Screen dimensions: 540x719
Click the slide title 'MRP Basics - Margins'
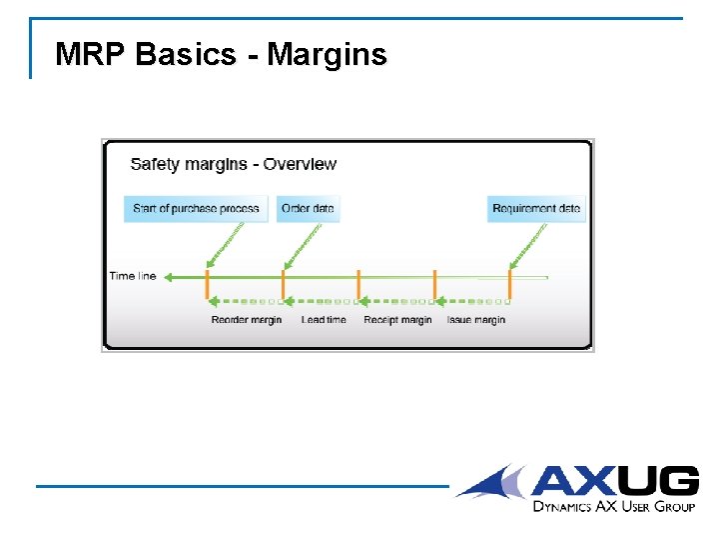221,54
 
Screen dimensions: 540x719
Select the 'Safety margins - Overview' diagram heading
233,164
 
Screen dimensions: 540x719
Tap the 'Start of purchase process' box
196,209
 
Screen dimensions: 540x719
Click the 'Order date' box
308,209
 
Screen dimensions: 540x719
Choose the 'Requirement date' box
536,209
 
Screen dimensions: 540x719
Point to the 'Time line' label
133,276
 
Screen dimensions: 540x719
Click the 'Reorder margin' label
247,320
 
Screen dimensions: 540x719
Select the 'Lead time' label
324,320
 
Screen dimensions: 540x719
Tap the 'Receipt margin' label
397,320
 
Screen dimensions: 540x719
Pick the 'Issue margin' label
475,320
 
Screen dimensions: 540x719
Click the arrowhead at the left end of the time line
169,276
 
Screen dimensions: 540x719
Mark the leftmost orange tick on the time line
207,283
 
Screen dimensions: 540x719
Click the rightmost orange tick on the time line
510,283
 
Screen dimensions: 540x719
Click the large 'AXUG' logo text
614,482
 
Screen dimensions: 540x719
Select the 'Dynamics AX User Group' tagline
613,507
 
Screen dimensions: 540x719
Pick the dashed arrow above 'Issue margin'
473,300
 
